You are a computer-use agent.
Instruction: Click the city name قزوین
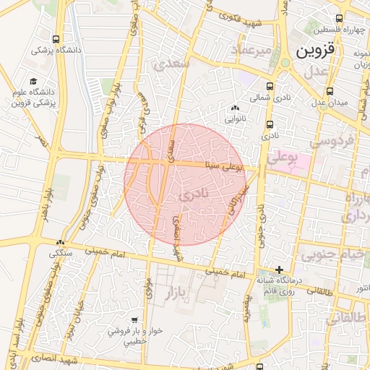tap(316, 51)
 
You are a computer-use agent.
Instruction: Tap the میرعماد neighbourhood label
tap(251, 49)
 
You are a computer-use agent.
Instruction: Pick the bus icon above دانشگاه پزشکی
tap(57, 40)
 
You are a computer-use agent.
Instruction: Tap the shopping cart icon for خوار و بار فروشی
tap(135, 319)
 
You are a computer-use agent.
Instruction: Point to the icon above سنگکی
tap(61, 244)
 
